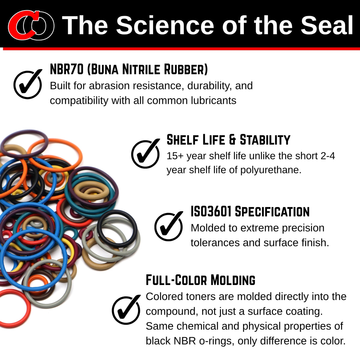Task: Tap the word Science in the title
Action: [x=165, y=25]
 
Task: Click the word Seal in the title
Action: [x=327, y=25]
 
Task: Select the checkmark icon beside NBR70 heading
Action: [x=28, y=84]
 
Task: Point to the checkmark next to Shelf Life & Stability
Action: [x=145, y=153]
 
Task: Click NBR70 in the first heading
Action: [x=67, y=69]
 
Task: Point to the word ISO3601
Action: [x=211, y=211]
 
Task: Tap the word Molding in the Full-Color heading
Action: [x=233, y=280]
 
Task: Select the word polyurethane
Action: [x=271, y=170]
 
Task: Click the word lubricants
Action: [x=214, y=100]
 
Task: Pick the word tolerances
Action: [x=215, y=242]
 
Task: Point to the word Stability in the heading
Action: [x=265, y=139]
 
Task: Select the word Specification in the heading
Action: [x=272, y=212]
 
